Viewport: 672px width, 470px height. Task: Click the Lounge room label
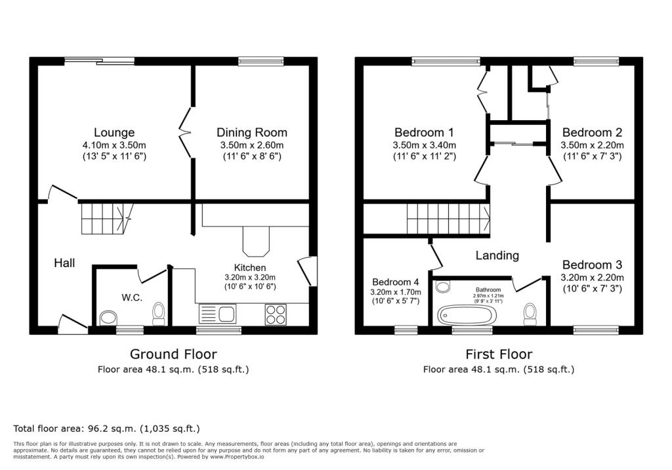click(114, 133)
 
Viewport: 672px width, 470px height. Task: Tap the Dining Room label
click(253, 133)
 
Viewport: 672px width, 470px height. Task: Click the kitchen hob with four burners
click(275, 314)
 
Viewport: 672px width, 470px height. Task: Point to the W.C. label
click(132, 297)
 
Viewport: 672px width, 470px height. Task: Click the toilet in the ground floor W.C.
click(158, 314)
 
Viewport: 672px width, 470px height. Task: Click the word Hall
click(64, 263)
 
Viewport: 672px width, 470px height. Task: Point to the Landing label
click(497, 255)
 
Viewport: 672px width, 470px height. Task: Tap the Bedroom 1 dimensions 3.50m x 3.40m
click(424, 145)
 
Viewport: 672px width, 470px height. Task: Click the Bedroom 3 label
click(592, 265)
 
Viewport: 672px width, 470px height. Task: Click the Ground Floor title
click(173, 354)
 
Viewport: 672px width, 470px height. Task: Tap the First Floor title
click(499, 354)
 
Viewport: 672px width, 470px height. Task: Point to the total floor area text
click(106, 429)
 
